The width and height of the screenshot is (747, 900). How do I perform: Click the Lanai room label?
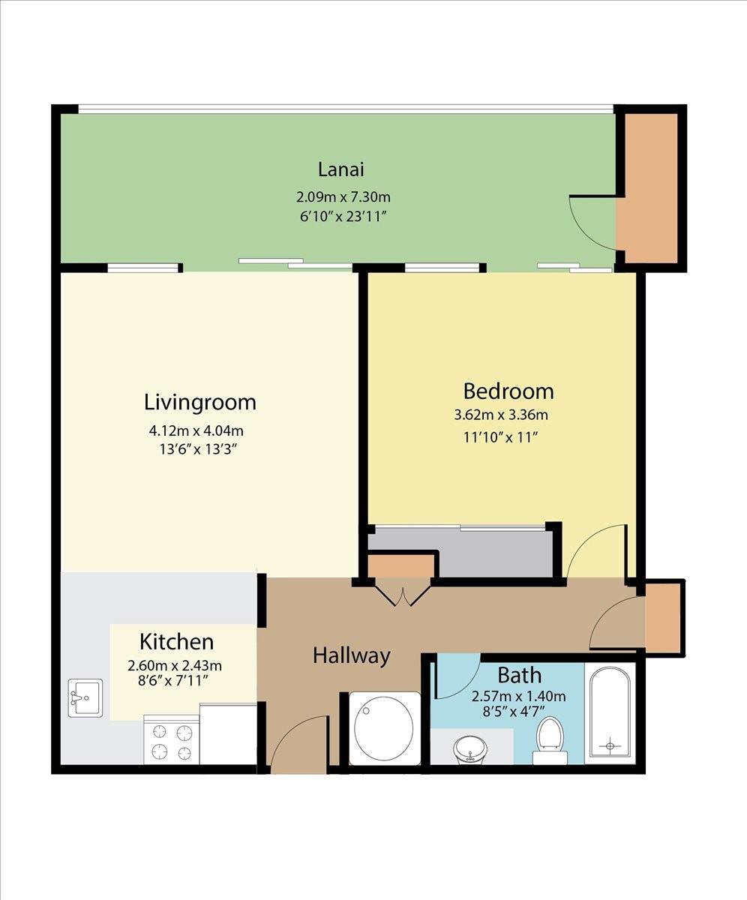pos(341,169)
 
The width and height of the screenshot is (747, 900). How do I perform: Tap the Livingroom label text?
pos(200,403)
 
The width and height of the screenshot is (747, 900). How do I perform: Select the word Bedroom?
pos(508,391)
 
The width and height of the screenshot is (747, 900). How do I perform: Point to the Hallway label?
pos(352,656)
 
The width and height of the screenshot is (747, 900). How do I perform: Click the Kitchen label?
pos(177,642)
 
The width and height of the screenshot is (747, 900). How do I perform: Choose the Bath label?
pos(520,676)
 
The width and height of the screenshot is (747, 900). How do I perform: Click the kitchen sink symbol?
pos(85,697)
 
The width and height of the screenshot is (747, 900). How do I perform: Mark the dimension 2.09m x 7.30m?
pos(343,197)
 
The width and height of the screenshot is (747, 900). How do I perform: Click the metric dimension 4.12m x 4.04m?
pos(196,430)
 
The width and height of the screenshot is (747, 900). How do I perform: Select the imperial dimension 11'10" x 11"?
pos(501,437)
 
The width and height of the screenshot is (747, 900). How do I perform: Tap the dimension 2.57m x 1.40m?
pos(518,696)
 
